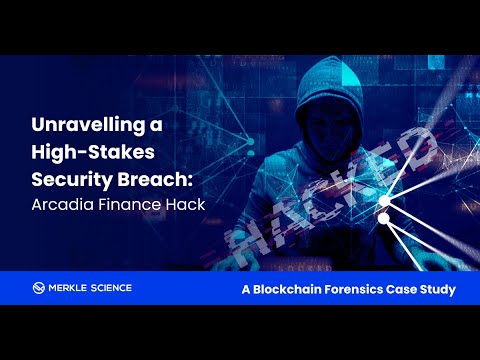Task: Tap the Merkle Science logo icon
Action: pyautogui.click(x=39, y=288)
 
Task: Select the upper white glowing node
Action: pyautogui.click(x=385, y=200)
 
